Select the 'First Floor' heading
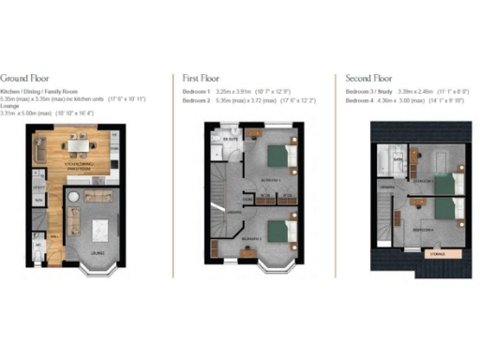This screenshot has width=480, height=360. point(202,79)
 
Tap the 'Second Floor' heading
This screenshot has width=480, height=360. point(368,79)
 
